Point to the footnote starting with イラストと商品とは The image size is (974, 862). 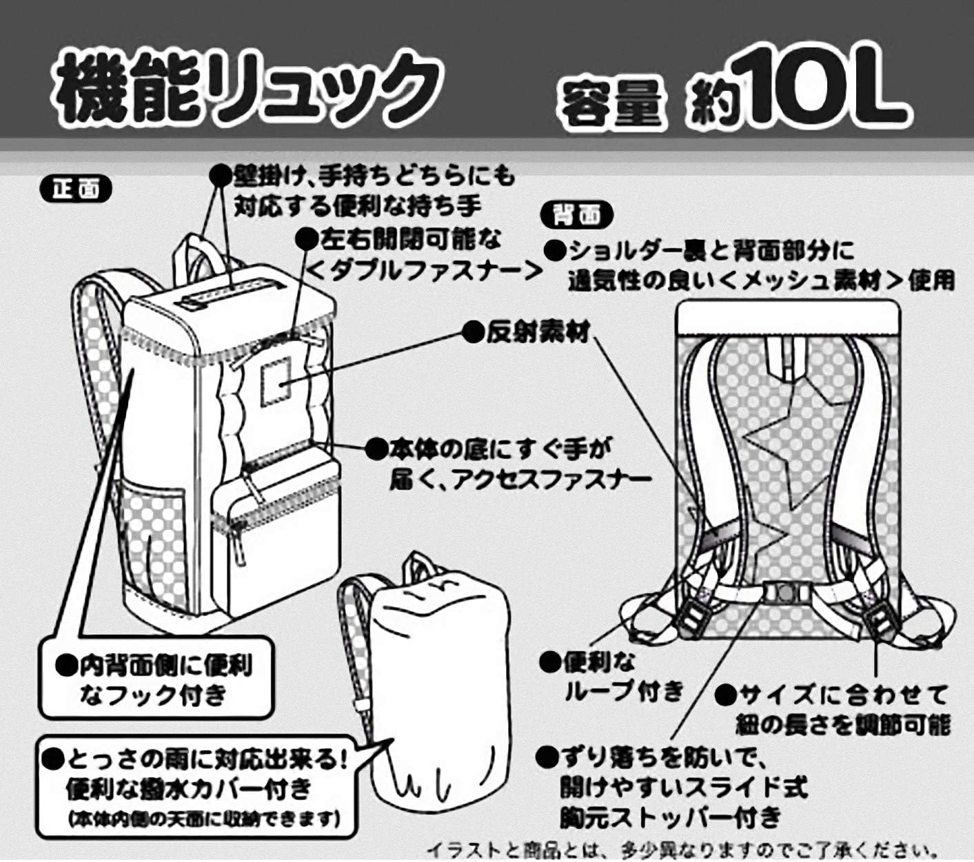(x=682, y=850)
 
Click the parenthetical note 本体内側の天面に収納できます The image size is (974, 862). (x=203, y=819)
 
